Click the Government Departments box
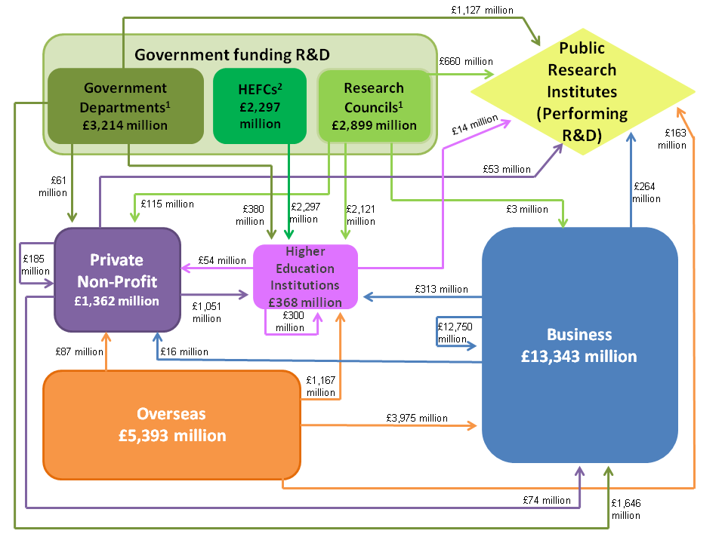(x=125, y=106)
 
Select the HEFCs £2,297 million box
(x=260, y=106)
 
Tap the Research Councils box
(x=374, y=106)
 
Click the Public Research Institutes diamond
(x=582, y=92)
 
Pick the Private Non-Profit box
(x=116, y=280)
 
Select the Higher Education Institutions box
(x=305, y=277)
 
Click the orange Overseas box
(x=172, y=425)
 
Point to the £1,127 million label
(x=483, y=10)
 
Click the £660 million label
(x=465, y=61)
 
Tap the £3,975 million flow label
(x=417, y=418)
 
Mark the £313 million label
(x=442, y=289)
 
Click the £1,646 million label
(x=626, y=509)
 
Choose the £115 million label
(x=168, y=204)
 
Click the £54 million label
(x=222, y=260)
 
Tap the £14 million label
(x=475, y=124)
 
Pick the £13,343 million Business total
(x=578, y=356)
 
